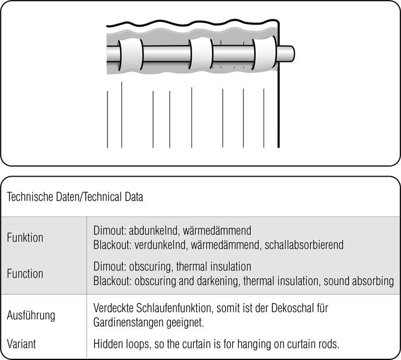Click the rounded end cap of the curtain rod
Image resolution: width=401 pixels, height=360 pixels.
tap(286, 53)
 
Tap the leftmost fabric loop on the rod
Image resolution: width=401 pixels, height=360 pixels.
tap(131, 55)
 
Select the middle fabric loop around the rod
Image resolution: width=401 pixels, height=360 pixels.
tap(201, 53)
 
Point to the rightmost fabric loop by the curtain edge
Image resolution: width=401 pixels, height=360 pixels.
tap(265, 53)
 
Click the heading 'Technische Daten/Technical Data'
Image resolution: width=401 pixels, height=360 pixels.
tap(75, 197)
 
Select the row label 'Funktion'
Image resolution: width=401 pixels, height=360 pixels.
tap(25, 237)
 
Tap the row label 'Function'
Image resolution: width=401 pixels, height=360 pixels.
tap(25, 274)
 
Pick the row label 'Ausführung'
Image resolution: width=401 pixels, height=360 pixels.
tap(31, 315)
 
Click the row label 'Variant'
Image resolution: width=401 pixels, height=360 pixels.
tap(22, 344)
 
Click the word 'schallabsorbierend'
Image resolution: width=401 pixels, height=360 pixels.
tap(304, 245)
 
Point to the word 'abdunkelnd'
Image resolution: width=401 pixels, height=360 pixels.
tap(154, 230)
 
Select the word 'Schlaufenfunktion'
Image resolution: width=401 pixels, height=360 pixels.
tap(175, 308)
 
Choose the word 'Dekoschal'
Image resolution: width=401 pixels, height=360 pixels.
tap(292, 308)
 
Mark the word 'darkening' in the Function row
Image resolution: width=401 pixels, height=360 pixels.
tap(218, 281)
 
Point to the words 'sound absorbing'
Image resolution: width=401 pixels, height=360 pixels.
tap(359, 281)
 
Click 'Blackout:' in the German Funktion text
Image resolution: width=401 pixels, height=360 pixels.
tap(113, 245)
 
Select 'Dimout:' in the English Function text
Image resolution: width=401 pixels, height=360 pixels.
tap(110, 266)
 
